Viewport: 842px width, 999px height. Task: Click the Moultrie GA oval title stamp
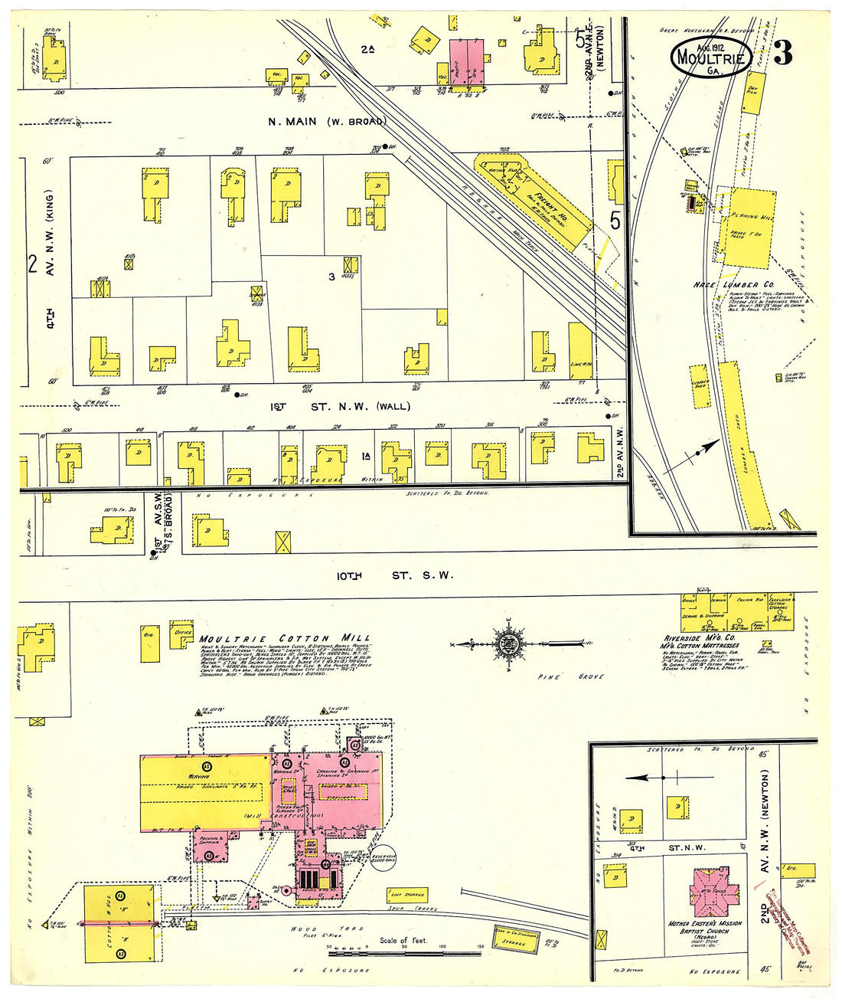pyautogui.click(x=711, y=57)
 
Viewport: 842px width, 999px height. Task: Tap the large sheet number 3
pyautogui.click(x=782, y=54)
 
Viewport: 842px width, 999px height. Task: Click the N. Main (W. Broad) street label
pyautogui.click(x=327, y=121)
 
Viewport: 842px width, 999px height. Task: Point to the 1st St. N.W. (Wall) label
pyautogui.click(x=340, y=406)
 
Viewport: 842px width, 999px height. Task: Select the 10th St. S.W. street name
pyautogui.click(x=394, y=575)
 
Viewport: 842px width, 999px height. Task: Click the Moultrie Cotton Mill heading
pyautogui.click(x=285, y=638)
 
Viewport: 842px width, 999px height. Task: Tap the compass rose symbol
pyautogui.click(x=506, y=643)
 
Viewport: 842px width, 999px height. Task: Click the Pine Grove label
pyautogui.click(x=581, y=677)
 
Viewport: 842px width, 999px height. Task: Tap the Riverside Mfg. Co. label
pyautogui.click(x=698, y=637)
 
